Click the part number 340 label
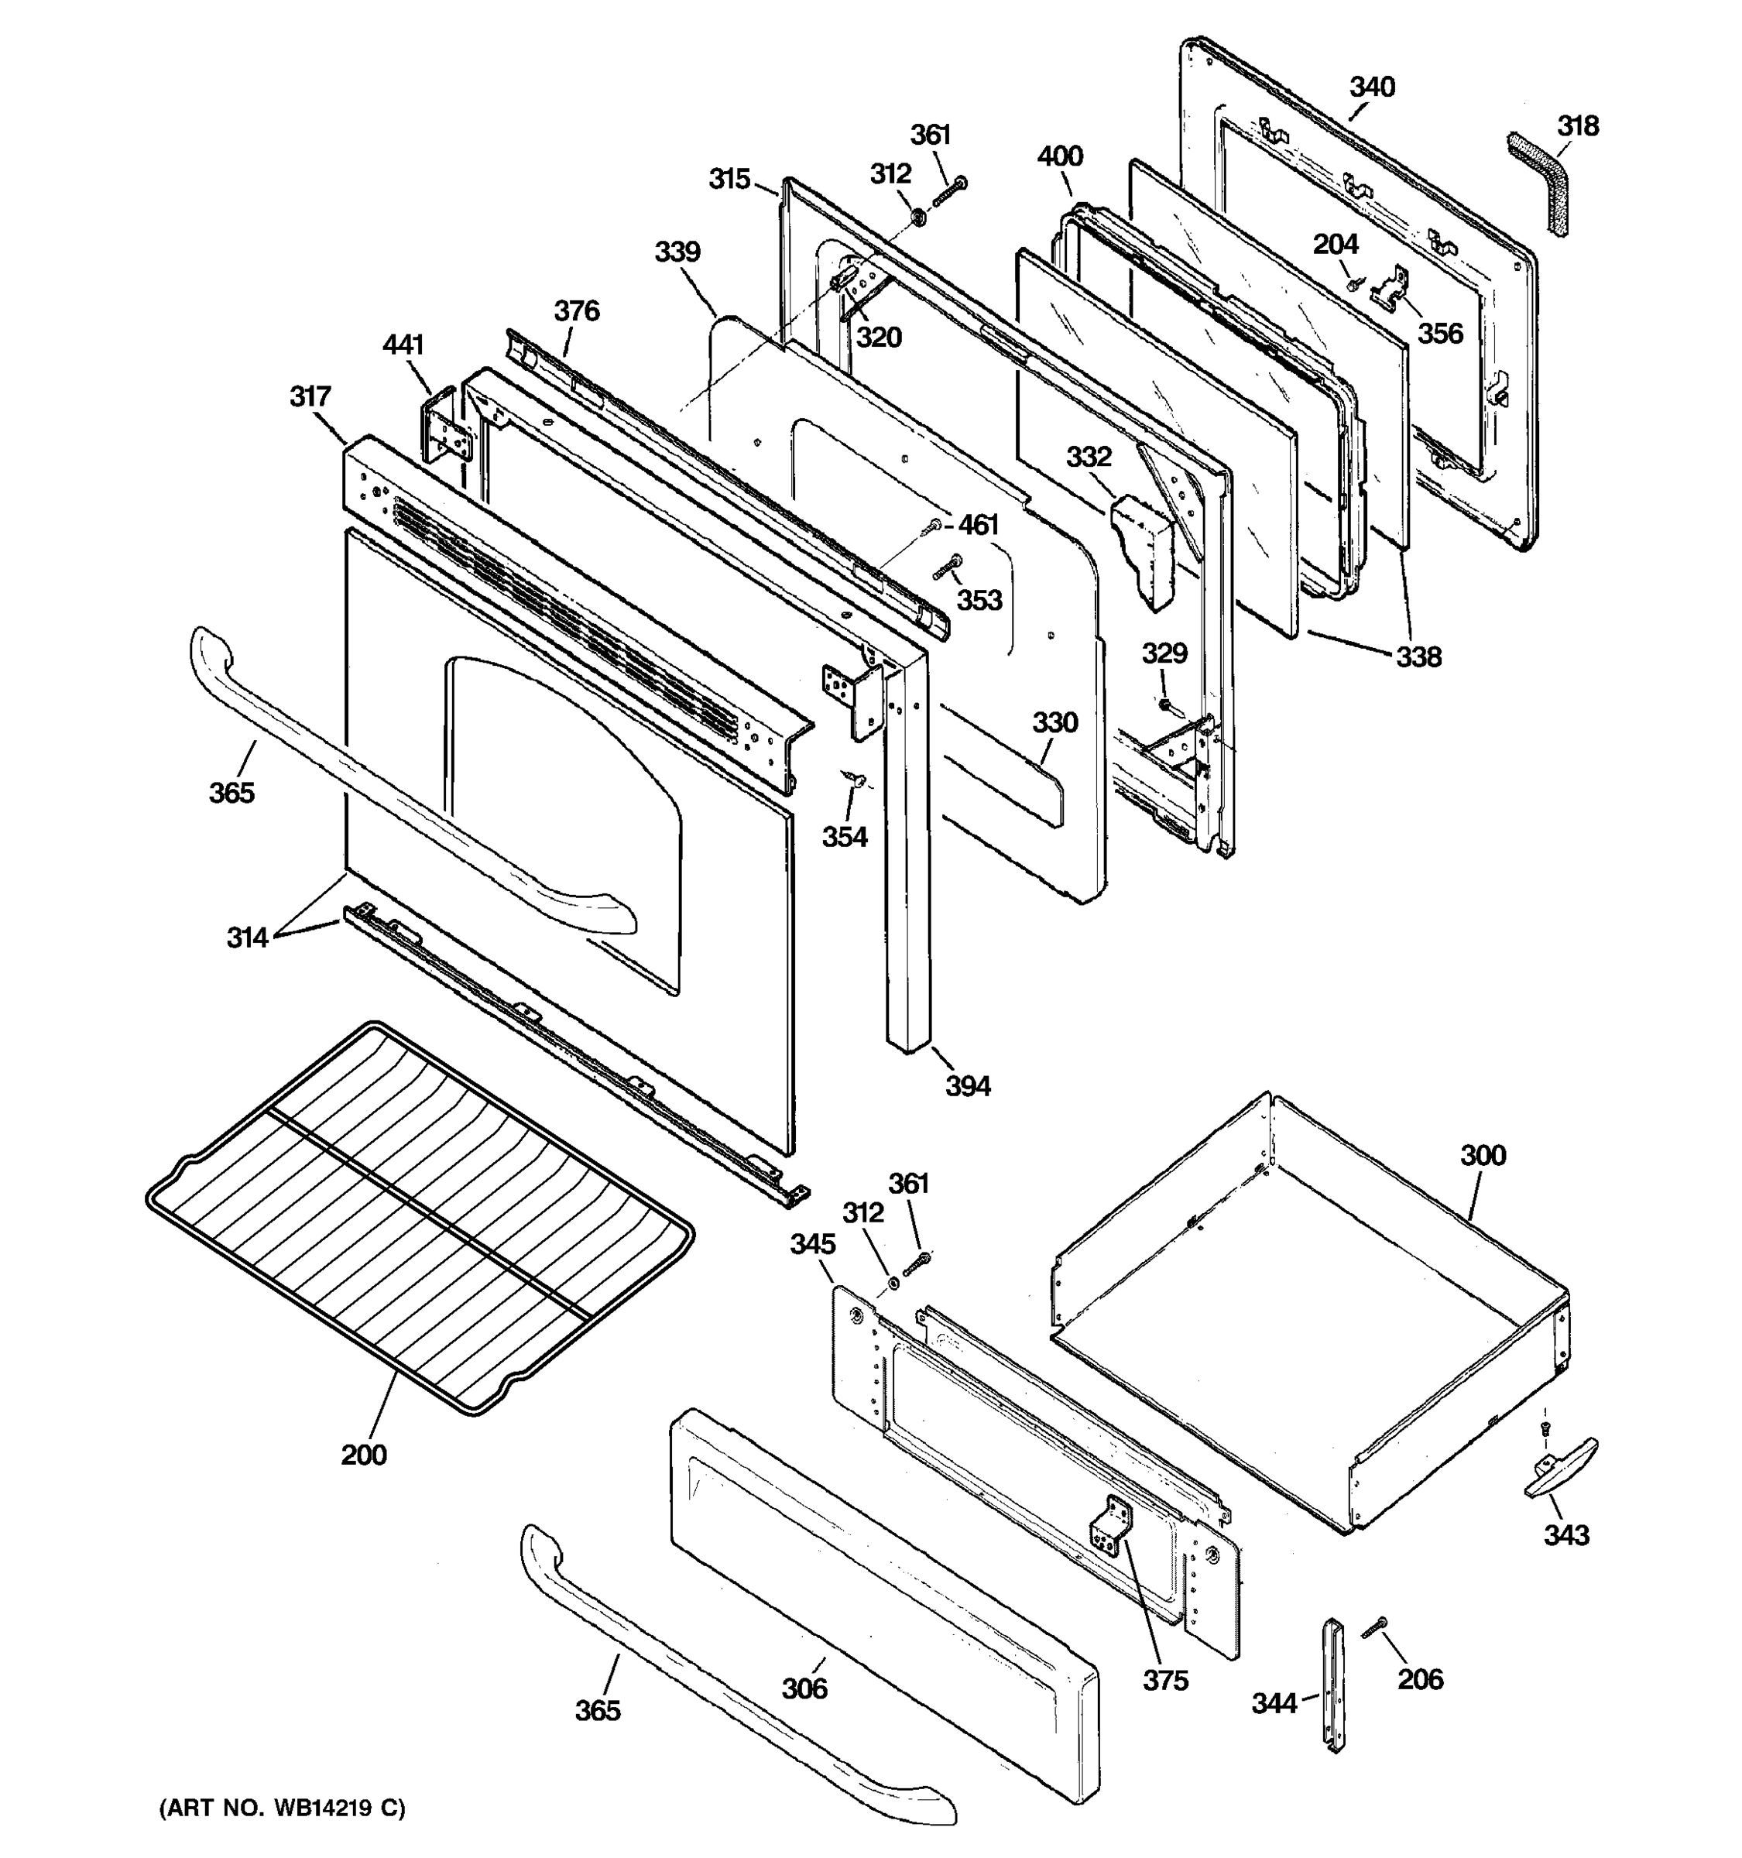1372,87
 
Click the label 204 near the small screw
1336,244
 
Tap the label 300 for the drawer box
1483,1155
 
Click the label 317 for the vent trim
310,396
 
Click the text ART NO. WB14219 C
283,1808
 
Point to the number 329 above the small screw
1164,653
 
